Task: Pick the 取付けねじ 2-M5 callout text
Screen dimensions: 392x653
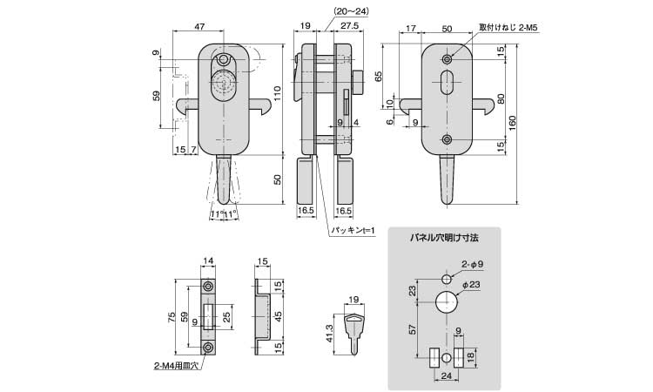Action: click(x=502, y=28)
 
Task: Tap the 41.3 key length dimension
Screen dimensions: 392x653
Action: click(x=329, y=334)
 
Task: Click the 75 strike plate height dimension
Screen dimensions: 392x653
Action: click(x=172, y=317)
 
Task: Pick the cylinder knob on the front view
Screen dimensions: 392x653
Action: click(x=225, y=88)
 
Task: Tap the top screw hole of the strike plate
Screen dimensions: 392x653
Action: click(x=208, y=287)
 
